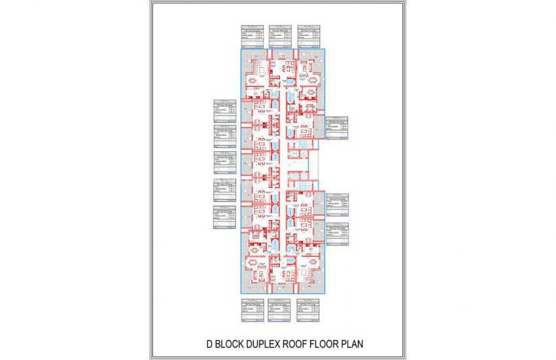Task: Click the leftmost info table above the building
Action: [252, 35]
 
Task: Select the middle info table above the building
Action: [280, 35]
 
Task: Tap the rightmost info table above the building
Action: [309, 35]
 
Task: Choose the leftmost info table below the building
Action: [252, 312]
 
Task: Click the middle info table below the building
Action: [280, 312]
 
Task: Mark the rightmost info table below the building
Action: [308, 312]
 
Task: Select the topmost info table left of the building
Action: [224, 111]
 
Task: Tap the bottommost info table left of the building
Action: [224, 218]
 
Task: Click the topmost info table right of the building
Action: [336, 128]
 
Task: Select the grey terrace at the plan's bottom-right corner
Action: [321, 278]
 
